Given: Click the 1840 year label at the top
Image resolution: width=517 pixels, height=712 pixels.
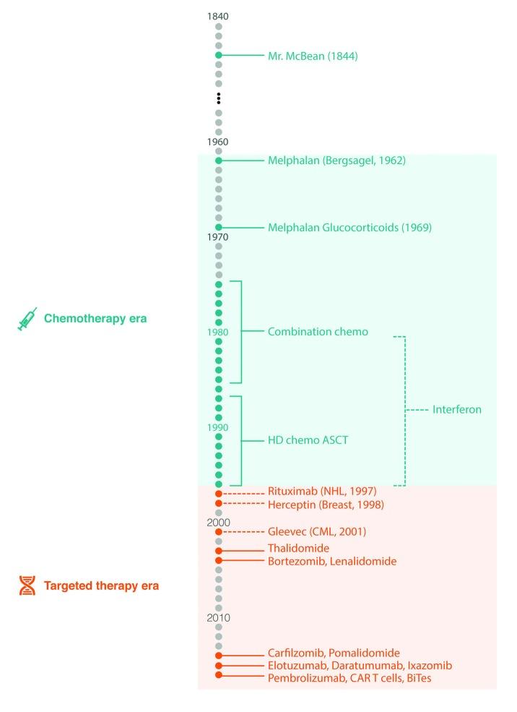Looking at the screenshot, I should tap(218, 17).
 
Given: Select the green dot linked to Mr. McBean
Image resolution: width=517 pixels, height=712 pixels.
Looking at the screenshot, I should tap(218, 55).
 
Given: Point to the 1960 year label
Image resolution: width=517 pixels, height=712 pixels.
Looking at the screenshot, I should tap(218, 142).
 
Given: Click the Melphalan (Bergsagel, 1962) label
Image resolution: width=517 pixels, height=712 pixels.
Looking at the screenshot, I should tap(336, 160).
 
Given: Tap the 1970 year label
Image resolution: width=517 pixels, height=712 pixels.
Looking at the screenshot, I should tap(218, 237).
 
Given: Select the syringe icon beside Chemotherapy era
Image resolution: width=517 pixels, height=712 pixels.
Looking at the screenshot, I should tap(27, 319).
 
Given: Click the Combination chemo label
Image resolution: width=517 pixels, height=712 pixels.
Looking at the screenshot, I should tap(318, 332).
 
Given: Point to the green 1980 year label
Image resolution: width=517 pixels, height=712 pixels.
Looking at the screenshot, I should tap(218, 333).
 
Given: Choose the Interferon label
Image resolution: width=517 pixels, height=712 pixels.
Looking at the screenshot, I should tap(456, 410).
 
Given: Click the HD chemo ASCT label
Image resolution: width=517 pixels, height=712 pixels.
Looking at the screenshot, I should tap(308, 440).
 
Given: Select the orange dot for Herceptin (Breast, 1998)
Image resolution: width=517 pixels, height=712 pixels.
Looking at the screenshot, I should tap(218, 503).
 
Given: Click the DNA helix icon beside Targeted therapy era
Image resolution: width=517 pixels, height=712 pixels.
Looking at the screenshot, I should tap(27, 586).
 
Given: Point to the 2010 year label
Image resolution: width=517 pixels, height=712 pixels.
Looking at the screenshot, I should tap(218, 618).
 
